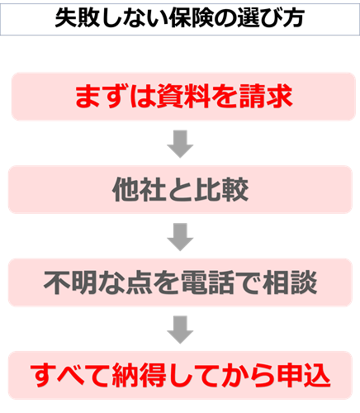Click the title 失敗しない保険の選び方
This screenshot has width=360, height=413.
pos(180,17)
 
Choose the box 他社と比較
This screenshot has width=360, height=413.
pos(180,190)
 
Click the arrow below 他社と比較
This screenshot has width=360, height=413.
pos(179,237)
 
